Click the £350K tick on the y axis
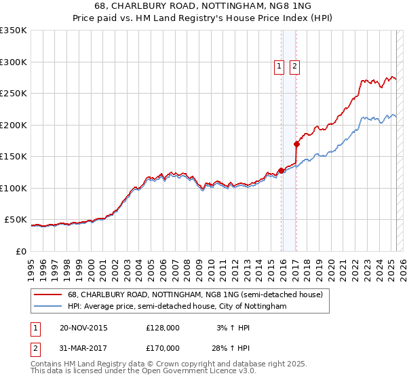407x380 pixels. (x=14, y=31)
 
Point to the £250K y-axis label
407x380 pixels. (x=14, y=94)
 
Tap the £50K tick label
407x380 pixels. (x=16, y=220)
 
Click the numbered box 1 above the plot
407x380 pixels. (x=279, y=66)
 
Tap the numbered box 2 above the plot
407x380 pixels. (x=295, y=66)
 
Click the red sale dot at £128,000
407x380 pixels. (x=281, y=170)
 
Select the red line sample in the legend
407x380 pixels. (x=48, y=294)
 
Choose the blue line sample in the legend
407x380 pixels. (x=48, y=306)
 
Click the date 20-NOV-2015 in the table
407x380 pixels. (x=83, y=328)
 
